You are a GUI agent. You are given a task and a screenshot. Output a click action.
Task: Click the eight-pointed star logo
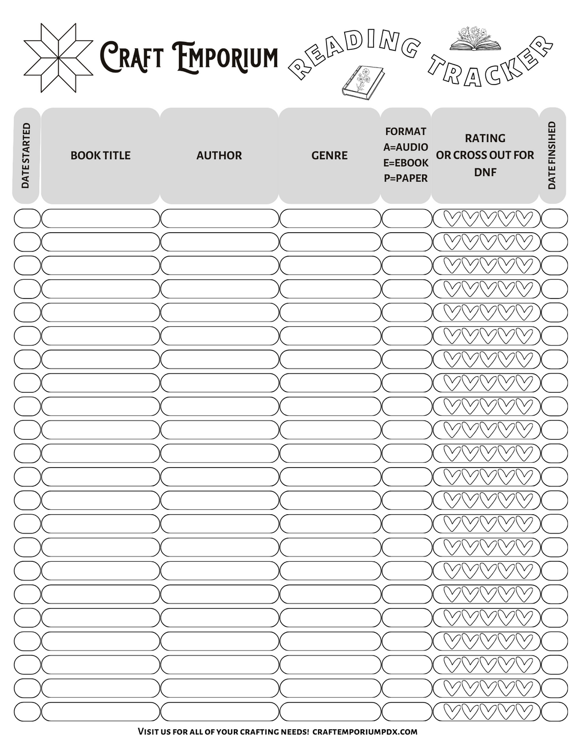pyautogui.click(x=58, y=57)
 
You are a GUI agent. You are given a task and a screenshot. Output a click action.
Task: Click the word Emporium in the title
pyautogui.click(x=225, y=57)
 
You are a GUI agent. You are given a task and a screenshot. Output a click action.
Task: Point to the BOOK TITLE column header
pyautogui.click(x=101, y=155)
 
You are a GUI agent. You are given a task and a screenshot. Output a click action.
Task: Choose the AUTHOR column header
pyautogui.click(x=219, y=155)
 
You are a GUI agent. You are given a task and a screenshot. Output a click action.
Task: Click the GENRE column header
pyautogui.click(x=329, y=155)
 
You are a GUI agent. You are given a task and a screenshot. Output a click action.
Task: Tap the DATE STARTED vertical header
pyautogui.click(x=26, y=156)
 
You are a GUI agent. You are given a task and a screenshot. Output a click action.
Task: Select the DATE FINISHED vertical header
pyautogui.click(x=552, y=156)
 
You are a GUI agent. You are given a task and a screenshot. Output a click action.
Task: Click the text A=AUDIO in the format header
pyautogui.click(x=406, y=147)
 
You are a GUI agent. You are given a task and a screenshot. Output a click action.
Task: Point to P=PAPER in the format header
pyautogui.click(x=406, y=178)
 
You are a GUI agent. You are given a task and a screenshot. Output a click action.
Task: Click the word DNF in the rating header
pyautogui.click(x=485, y=172)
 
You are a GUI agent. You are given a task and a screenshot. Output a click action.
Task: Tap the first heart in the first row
pyautogui.click(x=452, y=218)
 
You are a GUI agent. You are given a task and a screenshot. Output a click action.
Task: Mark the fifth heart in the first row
pyautogui.click(x=524, y=218)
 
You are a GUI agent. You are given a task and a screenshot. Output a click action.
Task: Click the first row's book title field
pyautogui.click(x=101, y=218)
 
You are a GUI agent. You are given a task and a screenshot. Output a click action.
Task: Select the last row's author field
pyautogui.click(x=219, y=712)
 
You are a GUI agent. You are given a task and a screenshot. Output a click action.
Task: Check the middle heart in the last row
pyautogui.click(x=488, y=712)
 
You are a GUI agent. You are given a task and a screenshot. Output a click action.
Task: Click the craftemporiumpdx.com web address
pyautogui.click(x=364, y=731)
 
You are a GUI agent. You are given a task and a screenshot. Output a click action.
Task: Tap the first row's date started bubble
pyautogui.click(x=27, y=218)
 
